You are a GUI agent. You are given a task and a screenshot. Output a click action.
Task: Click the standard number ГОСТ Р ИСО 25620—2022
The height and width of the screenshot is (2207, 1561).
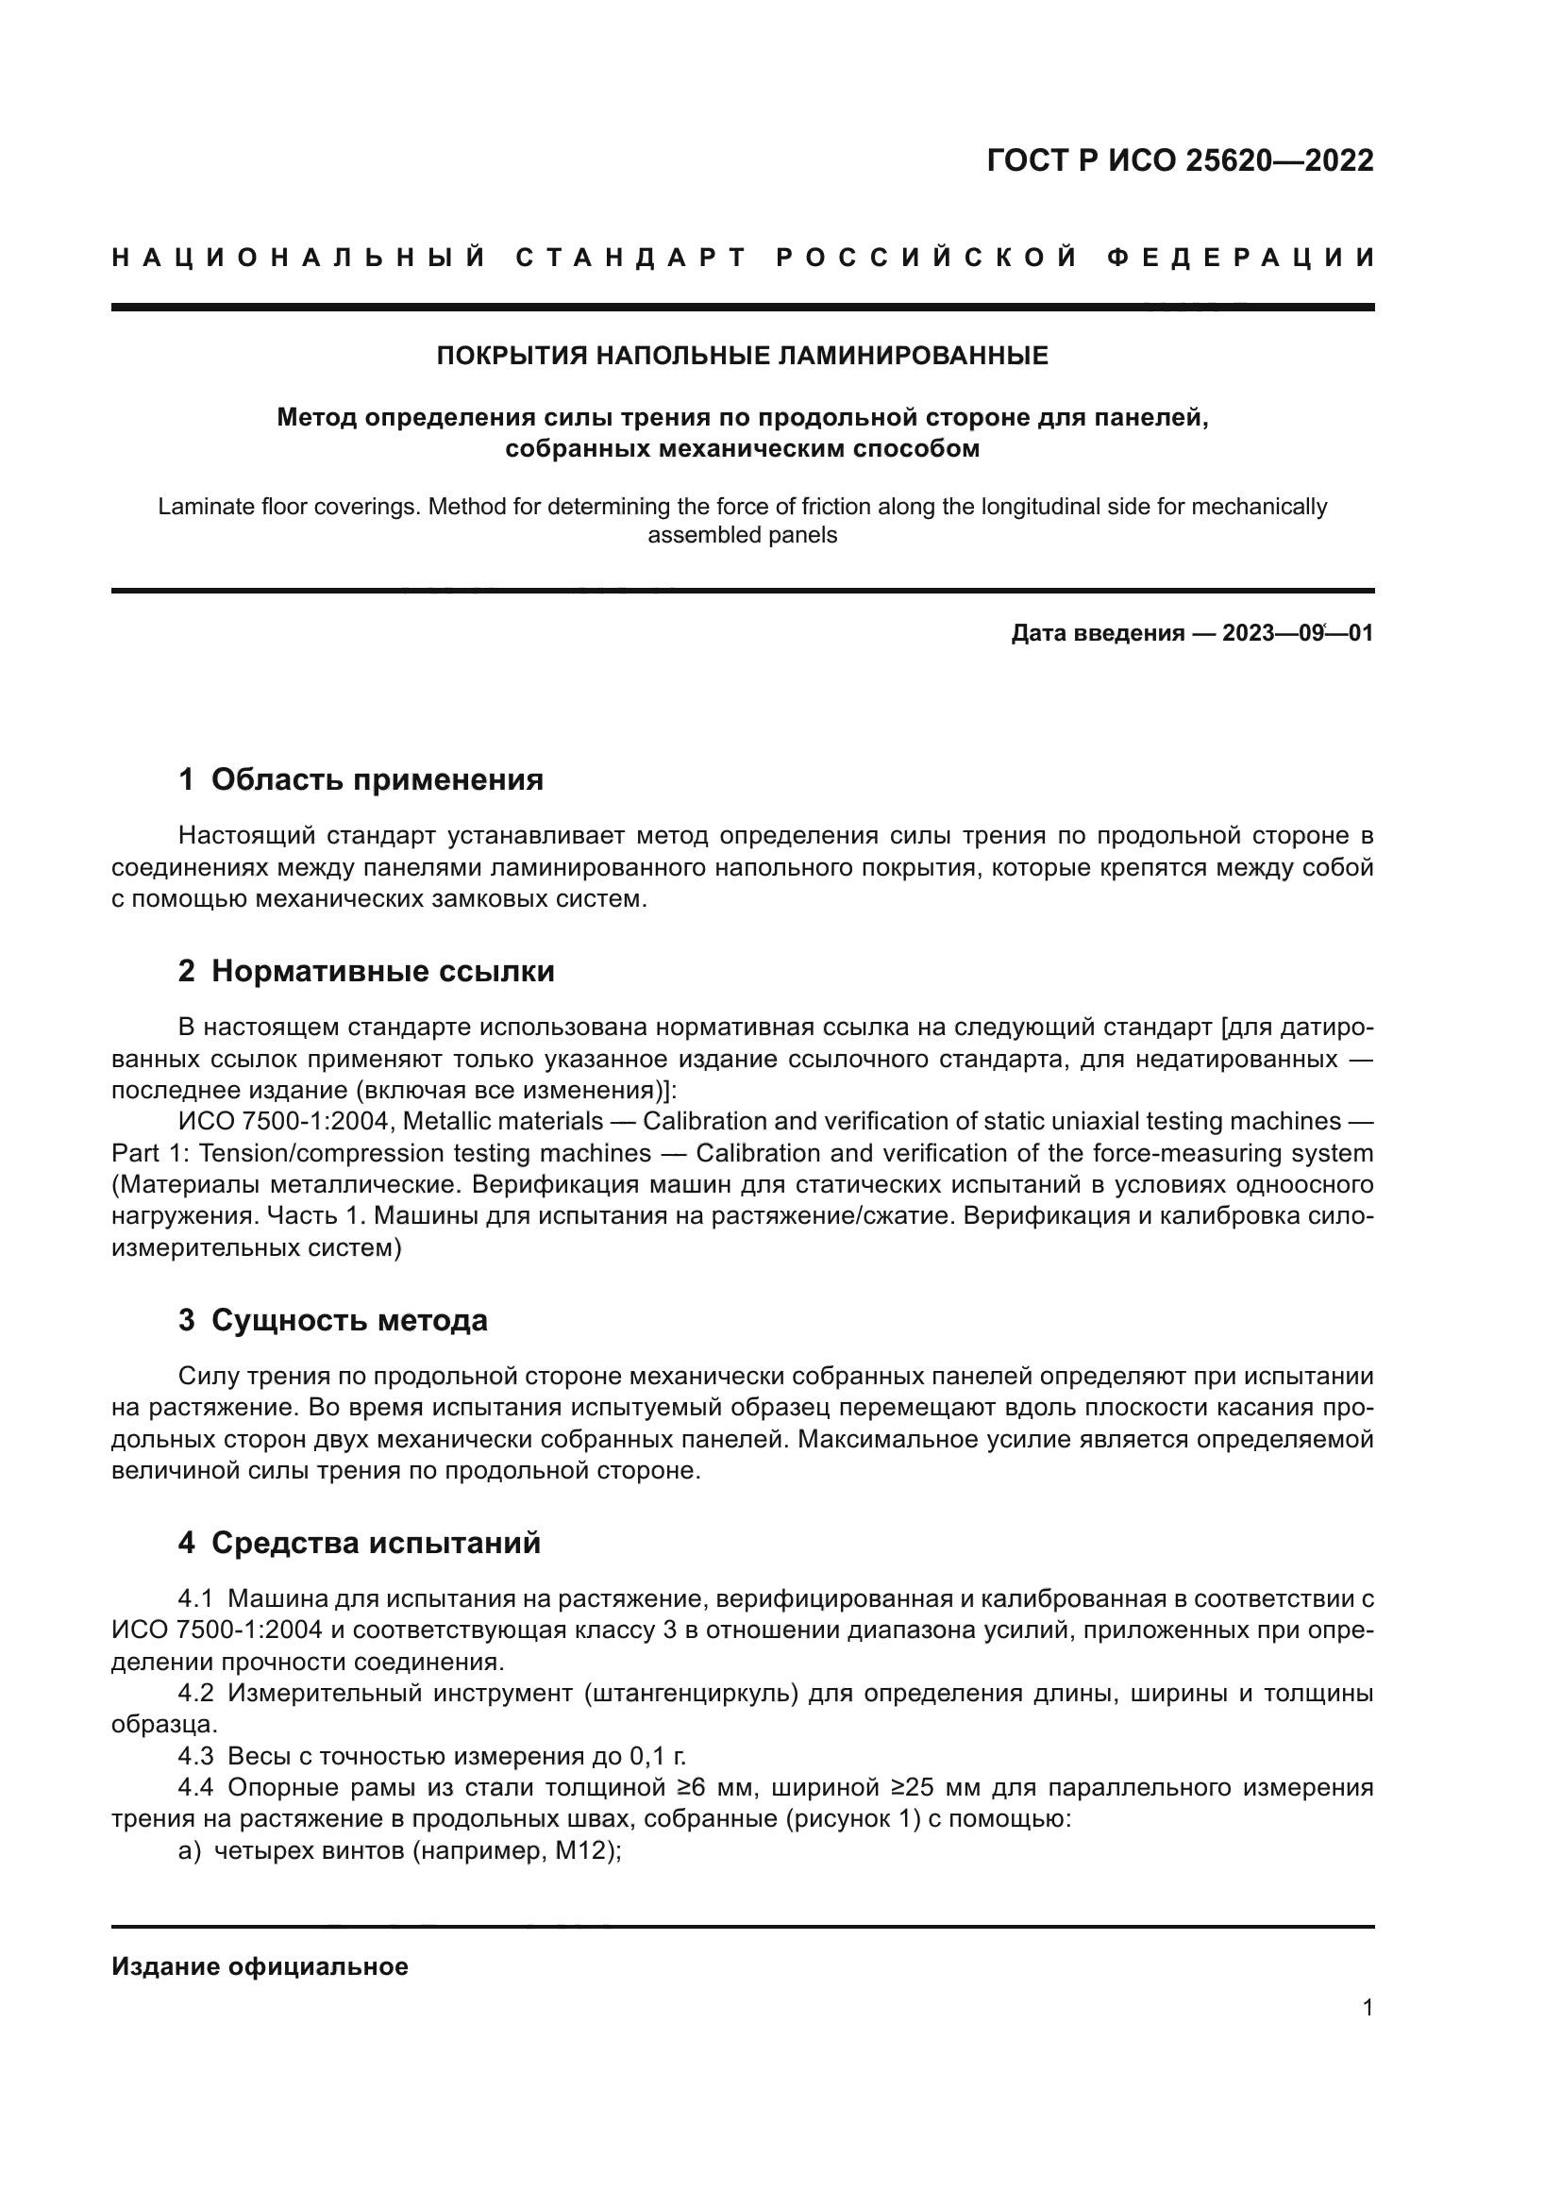(x=1180, y=160)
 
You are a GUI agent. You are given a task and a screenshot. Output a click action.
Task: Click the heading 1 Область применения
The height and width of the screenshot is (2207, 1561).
(x=361, y=779)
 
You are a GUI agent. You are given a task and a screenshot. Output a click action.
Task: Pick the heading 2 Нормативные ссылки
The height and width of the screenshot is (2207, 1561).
(x=366, y=972)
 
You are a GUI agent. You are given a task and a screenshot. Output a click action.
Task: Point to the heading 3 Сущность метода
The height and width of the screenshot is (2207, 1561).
(x=332, y=1321)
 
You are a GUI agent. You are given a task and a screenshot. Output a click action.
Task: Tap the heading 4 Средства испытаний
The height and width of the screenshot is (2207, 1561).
(x=360, y=1544)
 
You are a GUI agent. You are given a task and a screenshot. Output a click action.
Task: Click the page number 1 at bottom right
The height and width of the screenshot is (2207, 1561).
(x=1367, y=2008)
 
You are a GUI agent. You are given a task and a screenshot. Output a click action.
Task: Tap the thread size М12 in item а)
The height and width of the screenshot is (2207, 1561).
(x=581, y=1851)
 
